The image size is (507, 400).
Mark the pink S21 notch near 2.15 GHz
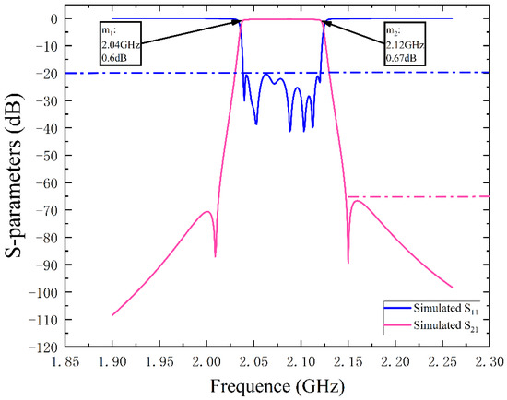[348, 262]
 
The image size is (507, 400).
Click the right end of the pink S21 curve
[453, 287]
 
